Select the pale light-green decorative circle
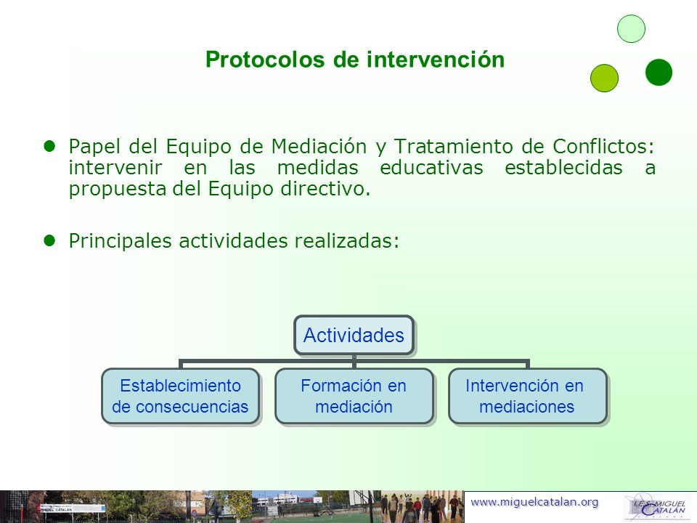(631, 29)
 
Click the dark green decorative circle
(659, 72)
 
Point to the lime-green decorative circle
(605, 78)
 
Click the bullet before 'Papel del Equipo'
(49, 145)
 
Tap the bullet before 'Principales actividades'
(49, 240)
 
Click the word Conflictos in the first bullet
(603, 146)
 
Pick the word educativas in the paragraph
(431, 168)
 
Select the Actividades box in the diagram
(354, 335)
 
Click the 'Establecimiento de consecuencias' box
(181, 396)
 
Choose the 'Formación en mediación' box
(354, 396)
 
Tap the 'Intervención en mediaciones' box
(528, 396)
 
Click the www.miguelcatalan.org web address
(534, 502)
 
